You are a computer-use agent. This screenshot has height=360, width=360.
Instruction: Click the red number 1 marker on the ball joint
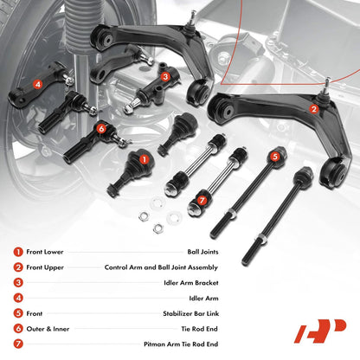point(145,159)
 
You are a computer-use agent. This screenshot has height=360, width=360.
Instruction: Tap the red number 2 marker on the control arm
point(314,109)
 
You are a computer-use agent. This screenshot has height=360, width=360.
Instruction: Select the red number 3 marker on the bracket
point(165,76)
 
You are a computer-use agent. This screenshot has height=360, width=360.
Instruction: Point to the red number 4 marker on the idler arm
point(37,85)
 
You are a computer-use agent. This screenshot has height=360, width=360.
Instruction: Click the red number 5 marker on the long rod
point(275,157)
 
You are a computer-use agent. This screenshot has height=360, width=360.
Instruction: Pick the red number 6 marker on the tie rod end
point(101,129)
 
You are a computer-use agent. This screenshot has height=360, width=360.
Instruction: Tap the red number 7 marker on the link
point(202,201)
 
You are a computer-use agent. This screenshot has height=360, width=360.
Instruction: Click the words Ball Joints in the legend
point(202,252)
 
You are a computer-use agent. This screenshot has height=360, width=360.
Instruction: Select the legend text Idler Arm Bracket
point(191,283)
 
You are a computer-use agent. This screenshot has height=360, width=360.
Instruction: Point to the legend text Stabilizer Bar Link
point(190,313)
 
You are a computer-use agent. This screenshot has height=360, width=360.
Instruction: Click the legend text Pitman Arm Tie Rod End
point(181,344)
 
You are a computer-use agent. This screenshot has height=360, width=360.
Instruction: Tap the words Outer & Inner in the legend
point(48,329)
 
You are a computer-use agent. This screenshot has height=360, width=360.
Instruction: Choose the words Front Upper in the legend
point(45,267)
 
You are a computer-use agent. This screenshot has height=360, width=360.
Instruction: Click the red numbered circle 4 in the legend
point(18,298)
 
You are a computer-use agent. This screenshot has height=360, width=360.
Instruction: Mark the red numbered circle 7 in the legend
point(18,344)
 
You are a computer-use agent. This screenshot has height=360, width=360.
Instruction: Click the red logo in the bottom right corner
point(320,331)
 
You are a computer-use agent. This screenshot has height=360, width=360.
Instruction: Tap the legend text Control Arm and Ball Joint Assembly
point(161,267)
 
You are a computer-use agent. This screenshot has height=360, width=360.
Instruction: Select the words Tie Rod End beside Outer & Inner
point(199,329)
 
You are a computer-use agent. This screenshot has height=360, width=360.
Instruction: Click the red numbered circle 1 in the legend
point(18,252)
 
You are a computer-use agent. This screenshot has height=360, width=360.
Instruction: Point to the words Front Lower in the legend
point(45,252)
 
